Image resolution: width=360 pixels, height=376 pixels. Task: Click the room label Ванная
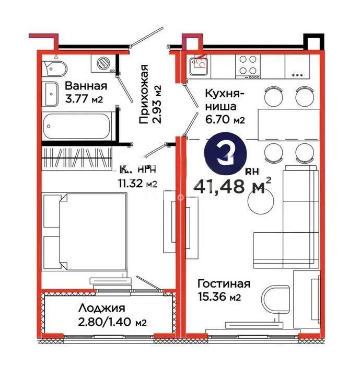(86, 86)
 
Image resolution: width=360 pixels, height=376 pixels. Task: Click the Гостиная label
(224, 284)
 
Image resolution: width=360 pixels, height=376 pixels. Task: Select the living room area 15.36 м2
(219, 298)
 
